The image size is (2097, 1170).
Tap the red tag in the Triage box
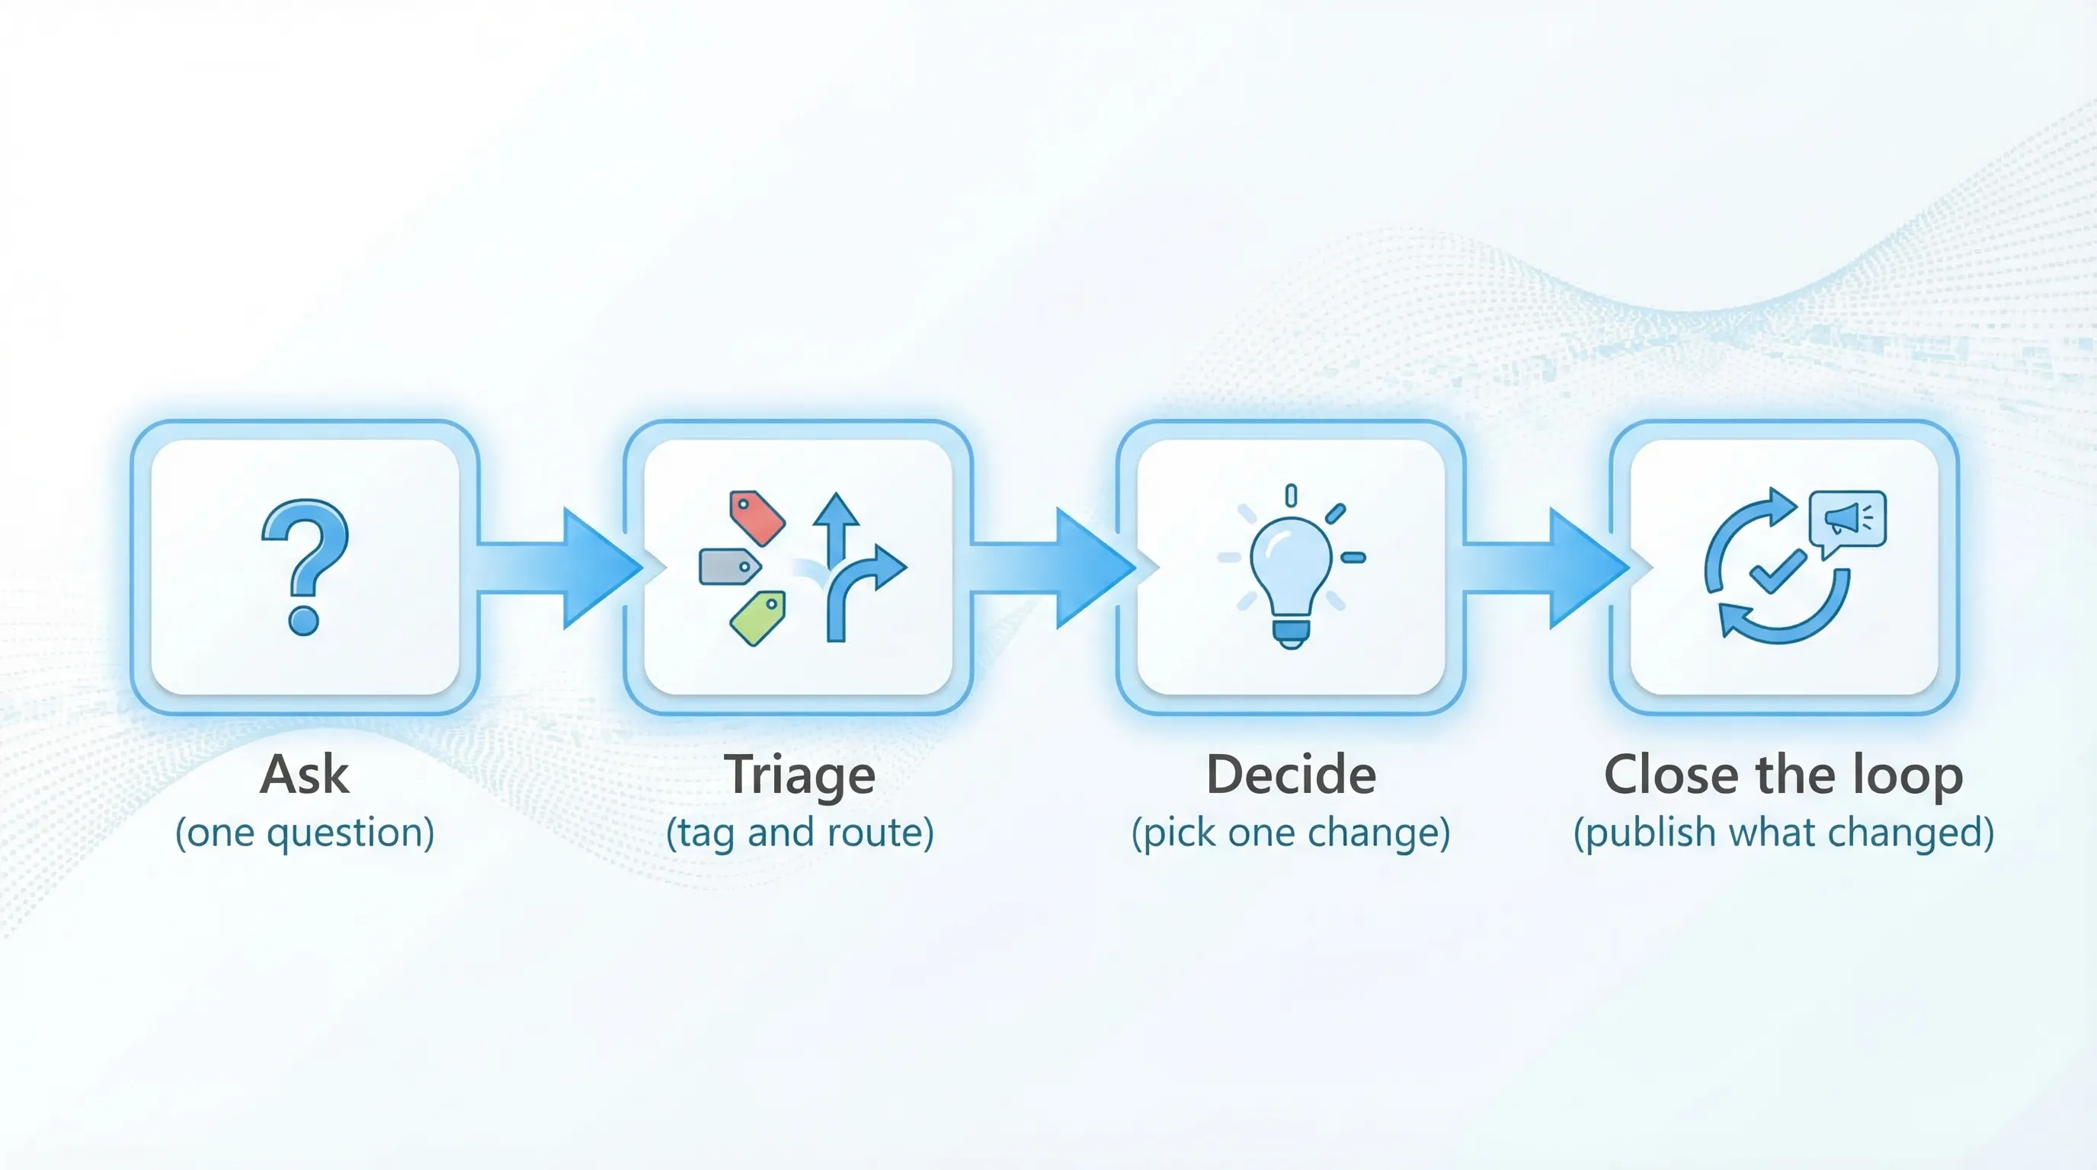757,517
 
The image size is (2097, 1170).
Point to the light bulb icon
1291,570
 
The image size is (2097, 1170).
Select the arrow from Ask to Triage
562,568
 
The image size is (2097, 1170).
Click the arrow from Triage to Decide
1054,568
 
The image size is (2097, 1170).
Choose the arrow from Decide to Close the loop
1547,568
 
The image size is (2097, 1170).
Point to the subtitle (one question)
306,833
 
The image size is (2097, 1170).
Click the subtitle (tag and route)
799,833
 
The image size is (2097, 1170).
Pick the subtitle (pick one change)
1291,833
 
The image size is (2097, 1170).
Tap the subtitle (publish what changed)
1784,833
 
